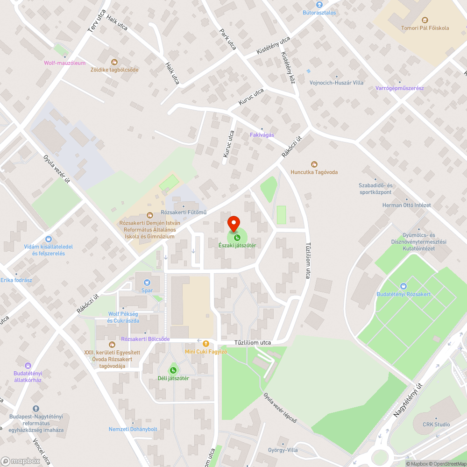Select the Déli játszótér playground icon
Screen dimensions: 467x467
coord(173,370)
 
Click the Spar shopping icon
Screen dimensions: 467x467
coord(147,282)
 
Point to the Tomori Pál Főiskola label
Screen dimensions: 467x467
coord(425,28)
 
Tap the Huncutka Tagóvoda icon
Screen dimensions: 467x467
coord(314,164)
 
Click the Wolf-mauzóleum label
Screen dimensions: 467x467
coord(65,63)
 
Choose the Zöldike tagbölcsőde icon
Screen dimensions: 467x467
coord(114,62)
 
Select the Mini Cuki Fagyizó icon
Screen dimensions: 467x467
coord(205,343)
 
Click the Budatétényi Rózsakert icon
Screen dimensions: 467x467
coord(403,286)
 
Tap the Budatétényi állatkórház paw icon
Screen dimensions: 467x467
coord(28,365)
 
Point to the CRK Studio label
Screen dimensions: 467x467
coord(436,425)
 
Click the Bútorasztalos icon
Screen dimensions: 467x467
coord(319,5)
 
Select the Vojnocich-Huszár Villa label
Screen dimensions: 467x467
coord(336,83)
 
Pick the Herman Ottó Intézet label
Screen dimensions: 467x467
coord(406,205)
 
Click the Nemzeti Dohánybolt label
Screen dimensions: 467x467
coord(133,429)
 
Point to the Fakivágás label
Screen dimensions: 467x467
coord(262,135)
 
